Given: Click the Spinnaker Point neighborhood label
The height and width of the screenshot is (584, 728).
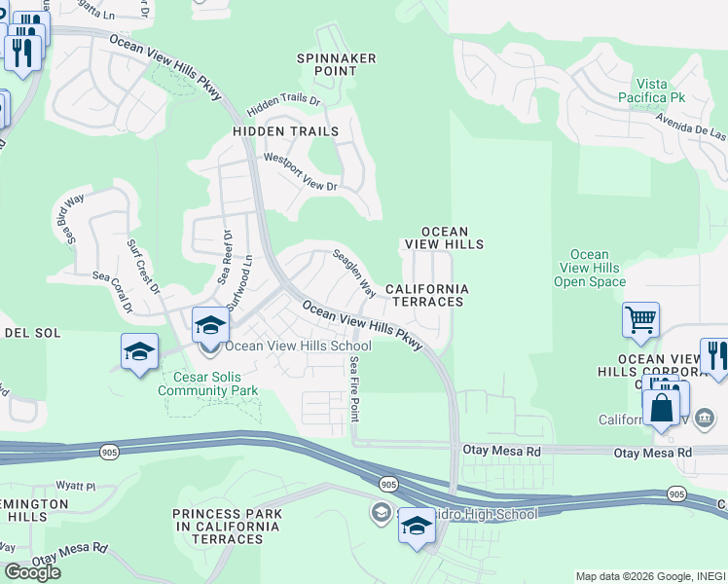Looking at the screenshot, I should [x=336, y=65].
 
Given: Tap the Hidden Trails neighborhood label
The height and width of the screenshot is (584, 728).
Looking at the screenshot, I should [x=285, y=131].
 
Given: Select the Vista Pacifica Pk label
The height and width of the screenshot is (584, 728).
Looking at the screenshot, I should [x=652, y=91].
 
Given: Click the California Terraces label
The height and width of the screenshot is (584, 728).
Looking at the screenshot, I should [x=426, y=296].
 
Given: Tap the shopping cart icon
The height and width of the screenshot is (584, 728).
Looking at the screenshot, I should [x=641, y=319].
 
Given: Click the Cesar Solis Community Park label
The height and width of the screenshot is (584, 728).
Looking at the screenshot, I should [x=208, y=383].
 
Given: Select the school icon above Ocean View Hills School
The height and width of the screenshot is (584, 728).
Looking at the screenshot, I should [x=209, y=325].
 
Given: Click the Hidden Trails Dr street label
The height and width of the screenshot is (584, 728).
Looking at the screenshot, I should [x=283, y=99].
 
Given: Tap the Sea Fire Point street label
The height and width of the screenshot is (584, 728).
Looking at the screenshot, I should [x=354, y=386].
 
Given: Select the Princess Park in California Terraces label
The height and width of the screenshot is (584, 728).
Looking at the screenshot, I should [x=228, y=527].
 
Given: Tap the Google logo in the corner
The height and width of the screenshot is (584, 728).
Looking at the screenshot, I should [x=32, y=572].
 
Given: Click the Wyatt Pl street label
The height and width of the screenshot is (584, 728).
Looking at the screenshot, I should [x=76, y=485].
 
